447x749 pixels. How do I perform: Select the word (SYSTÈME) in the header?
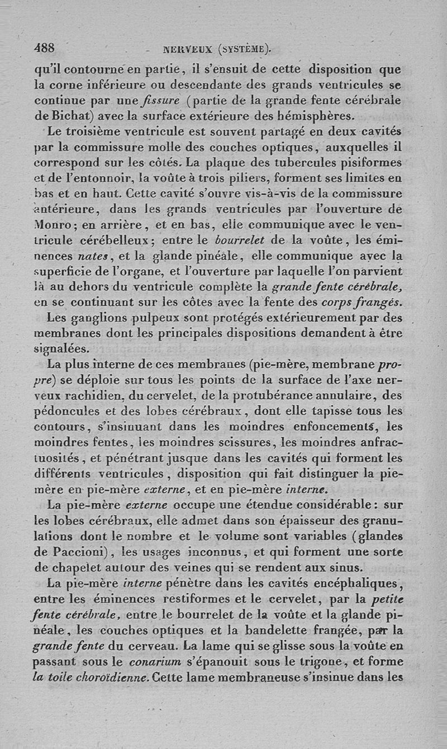[x=244, y=49]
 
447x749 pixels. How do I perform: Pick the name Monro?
[x=53, y=226]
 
